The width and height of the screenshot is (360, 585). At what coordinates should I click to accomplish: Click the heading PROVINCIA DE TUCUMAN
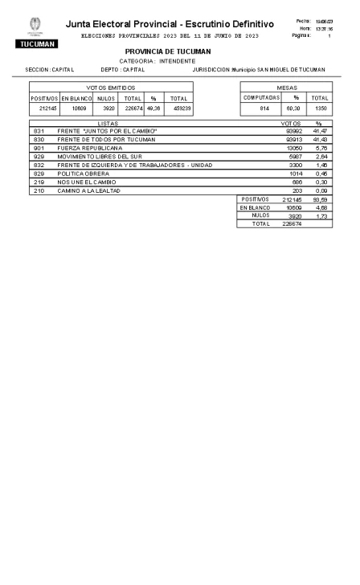168,51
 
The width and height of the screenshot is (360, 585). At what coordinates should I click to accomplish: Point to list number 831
38,130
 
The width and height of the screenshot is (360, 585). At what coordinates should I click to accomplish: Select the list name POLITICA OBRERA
81,173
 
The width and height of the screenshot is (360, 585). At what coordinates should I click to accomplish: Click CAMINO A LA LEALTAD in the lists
88,190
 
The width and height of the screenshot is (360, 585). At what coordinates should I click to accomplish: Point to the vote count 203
295,190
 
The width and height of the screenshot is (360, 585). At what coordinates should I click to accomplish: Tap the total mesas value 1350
320,108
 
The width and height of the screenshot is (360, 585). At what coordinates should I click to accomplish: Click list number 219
38,182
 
